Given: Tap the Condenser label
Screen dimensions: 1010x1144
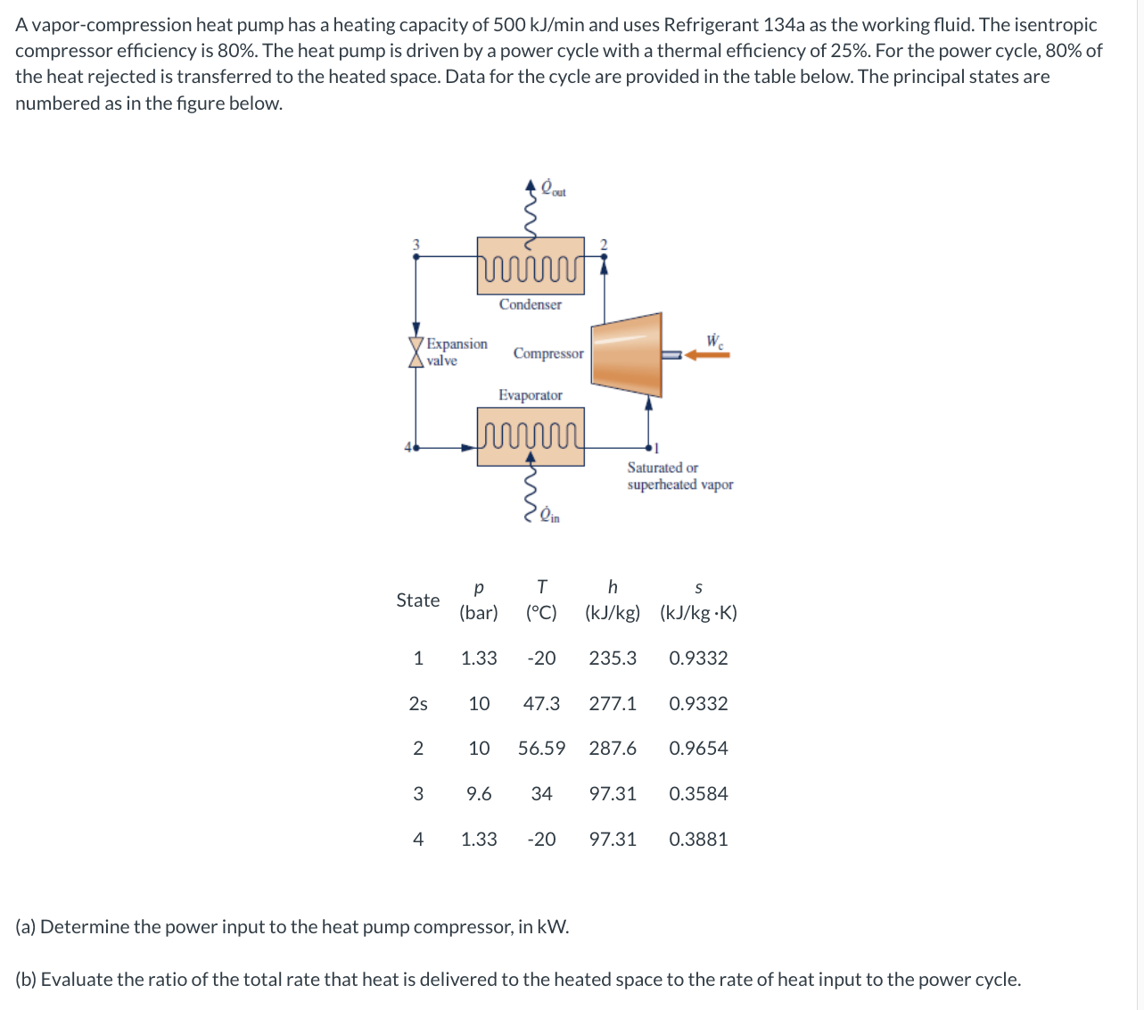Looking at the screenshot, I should (531, 304).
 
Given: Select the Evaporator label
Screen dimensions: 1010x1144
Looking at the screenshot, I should (531, 394).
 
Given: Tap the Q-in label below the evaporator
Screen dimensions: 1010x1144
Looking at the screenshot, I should (549, 515).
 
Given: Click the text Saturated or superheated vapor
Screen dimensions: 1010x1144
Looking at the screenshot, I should (679, 476).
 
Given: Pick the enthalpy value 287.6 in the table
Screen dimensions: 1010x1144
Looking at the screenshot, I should (613, 749).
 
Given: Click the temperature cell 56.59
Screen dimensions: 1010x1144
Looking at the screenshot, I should (541, 749).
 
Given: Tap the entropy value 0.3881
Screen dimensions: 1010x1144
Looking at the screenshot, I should (698, 839).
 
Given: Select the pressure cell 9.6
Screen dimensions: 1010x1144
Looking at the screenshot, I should (479, 793).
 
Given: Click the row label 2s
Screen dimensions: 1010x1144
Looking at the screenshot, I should (418, 703).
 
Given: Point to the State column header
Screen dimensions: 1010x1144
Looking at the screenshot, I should (418, 600).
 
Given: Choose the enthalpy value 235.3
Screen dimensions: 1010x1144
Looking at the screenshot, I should (613, 658).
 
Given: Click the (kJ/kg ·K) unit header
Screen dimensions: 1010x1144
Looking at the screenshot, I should (698, 613).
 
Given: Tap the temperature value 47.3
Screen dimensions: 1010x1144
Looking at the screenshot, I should (541, 703).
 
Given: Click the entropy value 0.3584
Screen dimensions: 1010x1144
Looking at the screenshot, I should (698, 793).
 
